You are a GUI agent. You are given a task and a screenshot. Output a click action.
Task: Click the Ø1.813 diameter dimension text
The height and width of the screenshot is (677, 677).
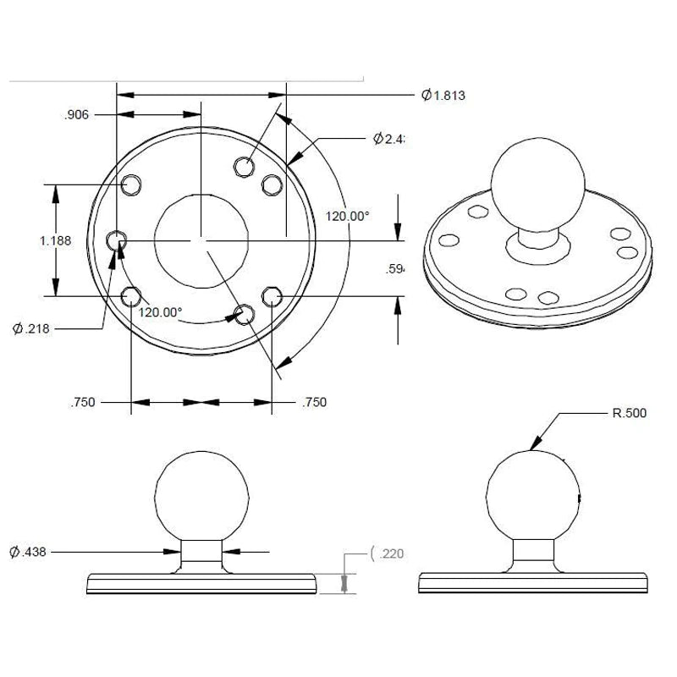point(443,96)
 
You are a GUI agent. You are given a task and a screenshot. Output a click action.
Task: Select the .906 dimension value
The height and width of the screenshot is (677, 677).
point(76,115)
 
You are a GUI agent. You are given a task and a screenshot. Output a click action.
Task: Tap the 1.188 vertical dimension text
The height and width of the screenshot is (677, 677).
point(55,240)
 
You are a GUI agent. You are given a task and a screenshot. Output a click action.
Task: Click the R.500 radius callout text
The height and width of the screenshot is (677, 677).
point(629,414)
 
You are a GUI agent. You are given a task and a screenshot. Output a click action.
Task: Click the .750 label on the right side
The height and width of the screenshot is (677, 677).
point(314,403)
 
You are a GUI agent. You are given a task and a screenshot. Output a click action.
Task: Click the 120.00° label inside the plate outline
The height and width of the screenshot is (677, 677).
point(161,311)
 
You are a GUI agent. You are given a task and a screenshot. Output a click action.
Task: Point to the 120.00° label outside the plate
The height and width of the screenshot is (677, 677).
point(348,216)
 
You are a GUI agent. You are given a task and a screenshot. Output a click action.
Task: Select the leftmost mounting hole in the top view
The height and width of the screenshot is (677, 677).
point(117,242)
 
